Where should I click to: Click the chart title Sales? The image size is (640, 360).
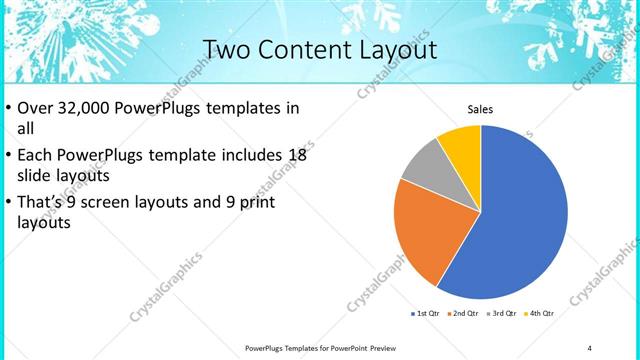tap(481, 110)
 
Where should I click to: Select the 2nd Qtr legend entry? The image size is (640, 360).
tap(463, 313)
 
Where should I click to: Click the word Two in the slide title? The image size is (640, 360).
tap(228, 49)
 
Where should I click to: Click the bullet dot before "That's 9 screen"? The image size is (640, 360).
tap(9, 203)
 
